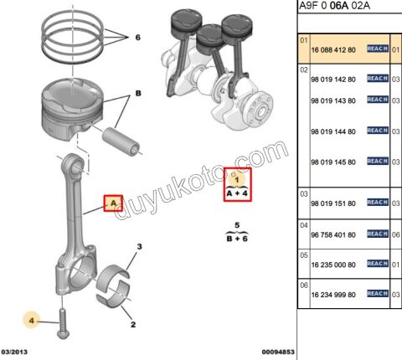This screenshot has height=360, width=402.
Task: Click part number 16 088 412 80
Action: click(332, 50)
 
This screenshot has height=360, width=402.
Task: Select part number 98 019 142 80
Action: click(332, 79)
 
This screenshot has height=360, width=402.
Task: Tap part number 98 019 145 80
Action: click(332, 161)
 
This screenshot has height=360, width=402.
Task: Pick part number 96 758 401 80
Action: click(332, 237)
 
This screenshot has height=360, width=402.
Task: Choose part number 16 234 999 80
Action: click(332, 296)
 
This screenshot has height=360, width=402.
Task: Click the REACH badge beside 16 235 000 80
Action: click(377, 263)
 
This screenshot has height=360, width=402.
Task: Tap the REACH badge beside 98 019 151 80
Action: click(377, 203)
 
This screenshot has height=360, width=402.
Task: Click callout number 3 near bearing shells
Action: click(139, 246)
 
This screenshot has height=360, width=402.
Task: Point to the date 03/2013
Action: click(17, 352)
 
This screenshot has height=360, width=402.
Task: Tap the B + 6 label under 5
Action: click(237, 239)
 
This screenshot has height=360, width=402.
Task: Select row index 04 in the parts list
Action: click(304, 225)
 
